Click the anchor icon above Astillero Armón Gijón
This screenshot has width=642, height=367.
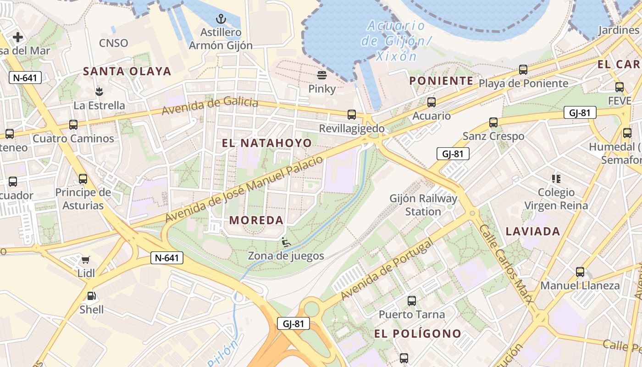coord(221,19)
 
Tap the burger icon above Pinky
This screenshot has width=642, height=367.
coord(322,75)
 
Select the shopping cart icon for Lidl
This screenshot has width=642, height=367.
coord(86,260)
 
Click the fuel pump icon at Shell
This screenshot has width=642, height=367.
coord(91,296)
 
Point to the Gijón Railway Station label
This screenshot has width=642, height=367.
coord(423,205)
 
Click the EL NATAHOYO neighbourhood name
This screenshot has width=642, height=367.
coord(267,143)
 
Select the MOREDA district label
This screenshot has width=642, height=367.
coord(256,220)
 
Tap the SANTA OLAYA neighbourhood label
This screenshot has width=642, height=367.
coord(127,72)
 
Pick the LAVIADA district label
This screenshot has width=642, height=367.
coord(533,232)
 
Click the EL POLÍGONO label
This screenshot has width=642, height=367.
coord(417,334)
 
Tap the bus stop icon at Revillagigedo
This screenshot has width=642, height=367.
coord(352,115)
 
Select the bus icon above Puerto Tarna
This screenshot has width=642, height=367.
coord(412,301)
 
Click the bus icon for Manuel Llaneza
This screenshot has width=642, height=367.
coord(580,272)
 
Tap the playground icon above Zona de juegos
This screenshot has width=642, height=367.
coord(286,242)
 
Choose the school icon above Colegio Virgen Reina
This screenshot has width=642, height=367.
coord(556,179)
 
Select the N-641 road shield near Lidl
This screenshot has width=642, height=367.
coord(167,258)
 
